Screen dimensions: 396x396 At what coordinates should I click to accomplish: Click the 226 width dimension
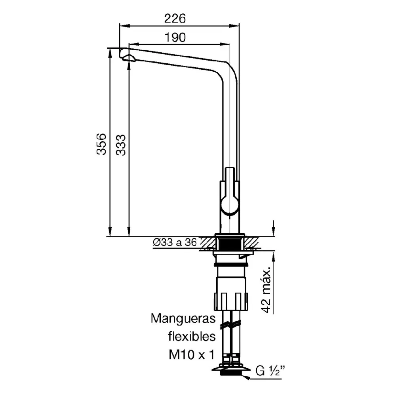(175, 19)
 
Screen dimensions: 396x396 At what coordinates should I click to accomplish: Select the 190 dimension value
(175, 37)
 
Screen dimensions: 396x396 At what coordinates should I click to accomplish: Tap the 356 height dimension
(101, 144)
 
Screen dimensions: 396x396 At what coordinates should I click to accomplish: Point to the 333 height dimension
(121, 145)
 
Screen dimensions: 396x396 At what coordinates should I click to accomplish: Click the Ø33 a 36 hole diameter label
(175, 242)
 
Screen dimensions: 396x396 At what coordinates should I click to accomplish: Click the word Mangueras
(183, 318)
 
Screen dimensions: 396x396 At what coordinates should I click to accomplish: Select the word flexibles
(192, 336)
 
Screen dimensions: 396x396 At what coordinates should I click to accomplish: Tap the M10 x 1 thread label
(191, 355)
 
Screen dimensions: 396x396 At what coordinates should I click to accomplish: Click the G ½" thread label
(270, 371)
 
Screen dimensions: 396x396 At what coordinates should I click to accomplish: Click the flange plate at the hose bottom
(231, 369)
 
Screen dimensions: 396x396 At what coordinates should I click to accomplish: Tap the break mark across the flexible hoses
(230, 324)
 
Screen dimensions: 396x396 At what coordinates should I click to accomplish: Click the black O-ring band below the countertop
(230, 265)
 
